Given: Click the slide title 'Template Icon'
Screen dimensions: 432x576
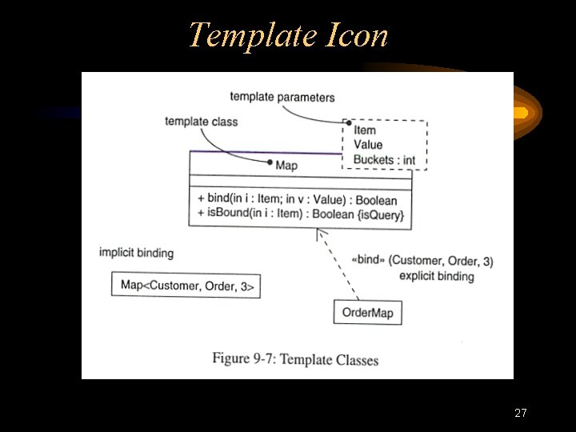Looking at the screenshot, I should pyautogui.click(x=288, y=35).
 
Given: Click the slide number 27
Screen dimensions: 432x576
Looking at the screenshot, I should pyautogui.click(x=521, y=414).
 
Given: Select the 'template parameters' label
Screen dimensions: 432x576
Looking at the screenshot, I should pyautogui.click(x=282, y=98).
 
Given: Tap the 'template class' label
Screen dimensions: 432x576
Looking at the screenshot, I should pyautogui.click(x=201, y=122).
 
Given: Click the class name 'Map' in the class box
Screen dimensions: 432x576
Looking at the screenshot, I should pyautogui.click(x=286, y=166).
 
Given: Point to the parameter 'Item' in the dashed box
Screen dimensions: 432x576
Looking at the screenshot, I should pyautogui.click(x=364, y=130).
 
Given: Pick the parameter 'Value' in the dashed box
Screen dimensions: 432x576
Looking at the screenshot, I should pyautogui.click(x=368, y=145).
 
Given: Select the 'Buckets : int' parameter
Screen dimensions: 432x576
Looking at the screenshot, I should pyautogui.click(x=384, y=160).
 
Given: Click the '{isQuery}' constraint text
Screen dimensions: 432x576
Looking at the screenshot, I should pyautogui.click(x=381, y=214).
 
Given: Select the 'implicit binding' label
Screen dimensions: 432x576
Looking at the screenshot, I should pyautogui.click(x=136, y=253).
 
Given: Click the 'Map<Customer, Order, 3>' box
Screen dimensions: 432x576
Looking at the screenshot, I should pyautogui.click(x=186, y=286).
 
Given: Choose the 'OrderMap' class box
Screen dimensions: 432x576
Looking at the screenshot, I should pyautogui.click(x=367, y=312).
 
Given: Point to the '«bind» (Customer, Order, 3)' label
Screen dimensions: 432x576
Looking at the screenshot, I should pyautogui.click(x=422, y=261).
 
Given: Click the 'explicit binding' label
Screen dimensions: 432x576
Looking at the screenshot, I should pyautogui.click(x=436, y=276).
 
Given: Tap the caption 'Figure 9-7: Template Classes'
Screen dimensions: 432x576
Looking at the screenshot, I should pyautogui.click(x=295, y=359).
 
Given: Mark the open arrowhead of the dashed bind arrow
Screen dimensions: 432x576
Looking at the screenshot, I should pyautogui.click(x=319, y=233).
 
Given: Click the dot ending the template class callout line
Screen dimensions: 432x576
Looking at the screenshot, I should pyautogui.click(x=270, y=162).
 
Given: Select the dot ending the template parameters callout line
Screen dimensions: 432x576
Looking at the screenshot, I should pyautogui.click(x=349, y=122).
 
